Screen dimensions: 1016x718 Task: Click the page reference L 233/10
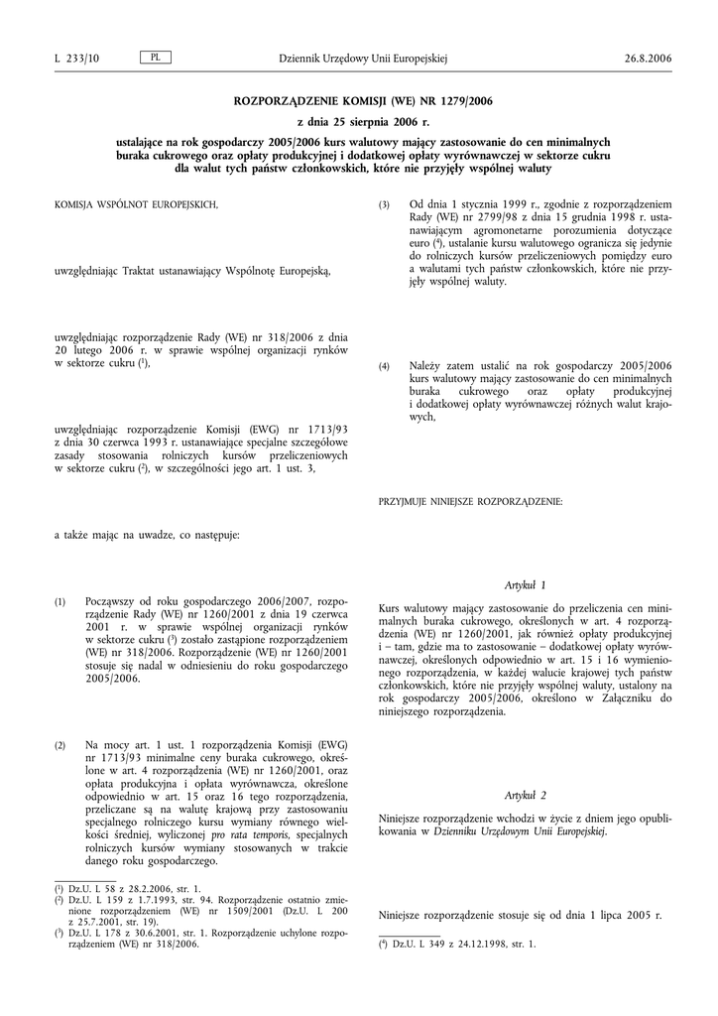pyautogui.click(x=76, y=59)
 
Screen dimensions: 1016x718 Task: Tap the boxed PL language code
pyautogui.click(x=156, y=58)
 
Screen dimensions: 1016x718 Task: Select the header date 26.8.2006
pyautogui.click(x=649, y=59)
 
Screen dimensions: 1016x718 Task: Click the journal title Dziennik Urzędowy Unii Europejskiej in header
pyautogui.click(x=363, y=59)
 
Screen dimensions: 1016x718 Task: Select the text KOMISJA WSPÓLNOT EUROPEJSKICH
pyautogui.click(x=136, y=204)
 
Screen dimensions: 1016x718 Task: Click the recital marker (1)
pyautogui.click(x=60, y=603)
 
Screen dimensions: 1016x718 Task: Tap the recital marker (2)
pyautogui.click(x=60, y=745)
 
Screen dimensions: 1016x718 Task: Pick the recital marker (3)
pyautogui.click(x=385, y=204)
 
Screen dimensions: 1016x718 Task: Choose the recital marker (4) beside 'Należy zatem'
pyautogui.click(x=385, y=366)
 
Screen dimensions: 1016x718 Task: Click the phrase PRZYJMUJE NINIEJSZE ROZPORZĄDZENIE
pyautogui.click(x=470, y=502)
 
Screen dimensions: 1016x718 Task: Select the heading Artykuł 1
pyautogui.click(x=526, y=585)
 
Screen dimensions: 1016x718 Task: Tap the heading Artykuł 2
pyautogui.click(x=526, y=797)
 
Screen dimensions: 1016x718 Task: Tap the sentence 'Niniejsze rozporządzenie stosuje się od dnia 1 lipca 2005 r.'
pyautogui.click(x=520, y=914)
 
